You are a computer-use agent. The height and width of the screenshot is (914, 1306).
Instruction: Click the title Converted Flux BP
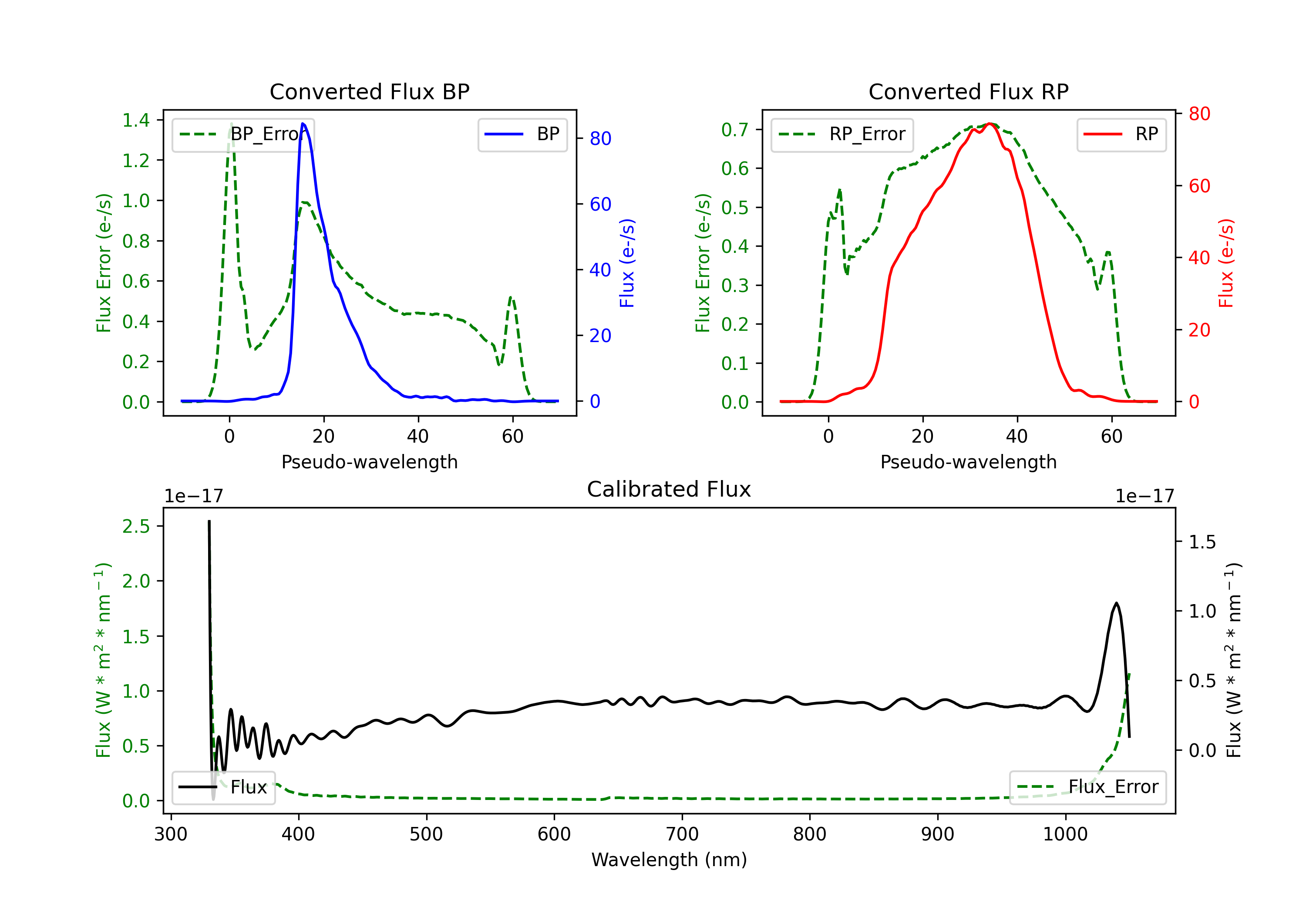tap(369, 91)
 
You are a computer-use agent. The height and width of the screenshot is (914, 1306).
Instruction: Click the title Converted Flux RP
tap(968, 91)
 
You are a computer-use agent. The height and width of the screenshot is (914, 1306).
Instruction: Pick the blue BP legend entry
tap(522, 134)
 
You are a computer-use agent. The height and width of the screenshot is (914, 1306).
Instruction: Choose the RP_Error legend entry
tap(842, 134)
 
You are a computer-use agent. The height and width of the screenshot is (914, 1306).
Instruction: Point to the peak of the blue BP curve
tap(303, 124)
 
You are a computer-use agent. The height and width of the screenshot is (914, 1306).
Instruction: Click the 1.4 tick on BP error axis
tap(136, 120)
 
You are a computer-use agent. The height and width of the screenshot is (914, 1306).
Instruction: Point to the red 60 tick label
tap(1199, 186)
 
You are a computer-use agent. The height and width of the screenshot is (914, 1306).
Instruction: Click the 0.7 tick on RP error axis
tap(735, 130)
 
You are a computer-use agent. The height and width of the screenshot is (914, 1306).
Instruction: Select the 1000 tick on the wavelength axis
tap(1065, 834)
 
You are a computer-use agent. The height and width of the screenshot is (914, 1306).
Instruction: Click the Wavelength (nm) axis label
tap(669, 860)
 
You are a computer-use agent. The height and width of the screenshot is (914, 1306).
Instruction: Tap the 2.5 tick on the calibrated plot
tap(136, 526)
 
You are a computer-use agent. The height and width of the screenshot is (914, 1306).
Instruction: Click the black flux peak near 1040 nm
tap(1117, 603)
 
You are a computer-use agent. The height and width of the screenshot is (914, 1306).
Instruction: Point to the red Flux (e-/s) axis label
tap(1226, 263)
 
